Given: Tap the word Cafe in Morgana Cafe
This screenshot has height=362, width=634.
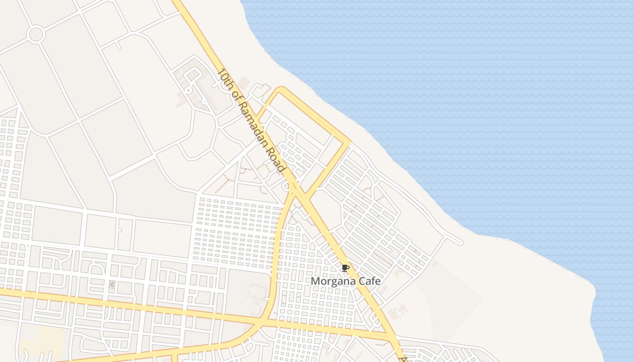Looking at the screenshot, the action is (x=370, y=281).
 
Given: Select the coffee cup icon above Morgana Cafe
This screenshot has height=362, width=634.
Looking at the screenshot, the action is (x=346, y=268).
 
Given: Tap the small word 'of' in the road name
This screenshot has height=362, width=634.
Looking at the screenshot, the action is (x=236, y=95).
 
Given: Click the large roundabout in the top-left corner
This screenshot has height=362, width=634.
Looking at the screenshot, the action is (x=35, y=34).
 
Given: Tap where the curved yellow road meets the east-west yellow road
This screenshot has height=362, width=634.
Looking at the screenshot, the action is (x=262, y=323).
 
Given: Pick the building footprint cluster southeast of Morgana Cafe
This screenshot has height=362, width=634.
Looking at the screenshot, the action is (x=398, y=311).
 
